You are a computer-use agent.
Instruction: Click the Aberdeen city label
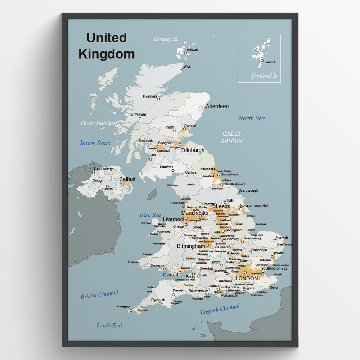pyautogui.click(x=217, y=107)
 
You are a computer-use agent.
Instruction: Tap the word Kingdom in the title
pyautogui.click(x=107, y=54)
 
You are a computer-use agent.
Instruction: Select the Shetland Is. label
pyautogui.click(x=265, y=76)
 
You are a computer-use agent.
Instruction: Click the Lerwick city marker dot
pyautogui.click(x=262, y=60)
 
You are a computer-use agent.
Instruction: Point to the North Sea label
pyautogui.click(x=251, y=118)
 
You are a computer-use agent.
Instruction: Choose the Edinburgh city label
pyautogui.click(x=192, y=150)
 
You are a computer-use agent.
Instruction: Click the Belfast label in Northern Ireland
pyautogui.click(x=127, y=179)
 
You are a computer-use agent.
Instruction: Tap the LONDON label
pyautogui.click(x=247, y=278)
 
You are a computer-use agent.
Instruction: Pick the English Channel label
pyautogui.click(x=220, y=309)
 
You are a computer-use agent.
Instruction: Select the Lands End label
pyautogui.click(x=109, y=325)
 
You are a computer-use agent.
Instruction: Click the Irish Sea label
pyautogui.click(x=150, y=215)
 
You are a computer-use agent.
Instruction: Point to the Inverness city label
pyautogui.click(x=150, y=96)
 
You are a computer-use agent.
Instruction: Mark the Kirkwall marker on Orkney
pyautogui.click(x=186, y=53)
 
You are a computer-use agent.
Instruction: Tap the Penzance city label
pyautogui.click(x=123, y=307)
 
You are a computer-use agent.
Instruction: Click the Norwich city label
pyautogui.click(x=282, y=238)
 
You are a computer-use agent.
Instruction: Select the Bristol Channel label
pyautogui.click(x=99, y=294)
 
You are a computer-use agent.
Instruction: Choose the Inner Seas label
pyautogui.click(x=95, y=143)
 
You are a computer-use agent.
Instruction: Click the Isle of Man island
pyautogui.click(x=152, y=194)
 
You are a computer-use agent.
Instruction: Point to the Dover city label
pyautogui.click(x=274, y=287)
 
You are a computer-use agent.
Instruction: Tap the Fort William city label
pyautogui.click(x=137, y=114)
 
